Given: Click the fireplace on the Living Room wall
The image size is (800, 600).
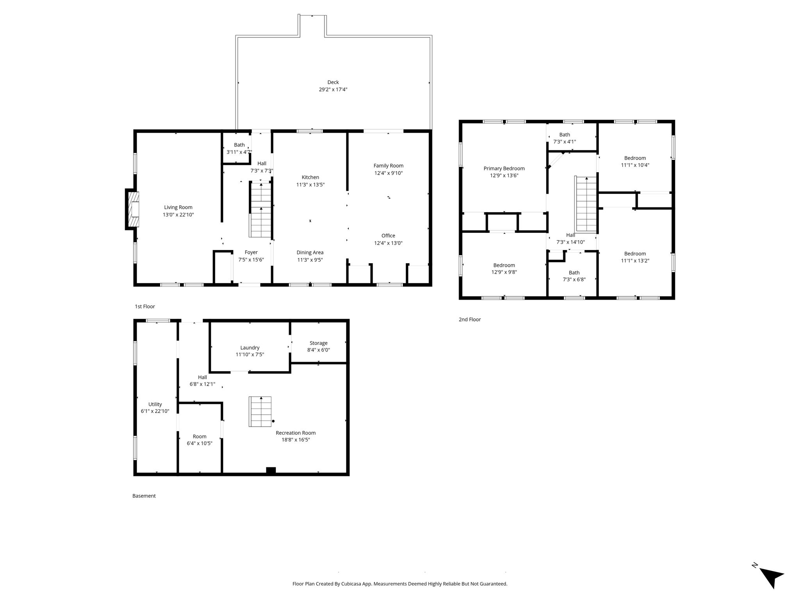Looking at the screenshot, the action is pyautogui.click(x=132, y=209).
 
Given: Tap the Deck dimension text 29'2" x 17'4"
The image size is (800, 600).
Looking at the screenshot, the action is pyautogui.click(x=333, y=89).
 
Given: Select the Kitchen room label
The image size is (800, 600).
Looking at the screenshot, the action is pyautogui.click(x=310, y=177).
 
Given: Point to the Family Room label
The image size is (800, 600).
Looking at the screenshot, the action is pyautogui.click(x=388, y=166).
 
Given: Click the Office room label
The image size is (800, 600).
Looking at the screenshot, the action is pyautogui.click(x=388, y=236).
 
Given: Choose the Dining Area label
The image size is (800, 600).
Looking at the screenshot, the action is pyautogui.click(x=310, y=252).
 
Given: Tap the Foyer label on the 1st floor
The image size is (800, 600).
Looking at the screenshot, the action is pyautogui.click(x=251, y=252).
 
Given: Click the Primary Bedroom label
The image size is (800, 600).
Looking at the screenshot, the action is pyautogui.click(x=504, y=168).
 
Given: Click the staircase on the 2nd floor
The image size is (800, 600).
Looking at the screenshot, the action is pyautogui.click(x=586, y=204).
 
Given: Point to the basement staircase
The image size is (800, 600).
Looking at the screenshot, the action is pyautogui.click(x=261, y=412).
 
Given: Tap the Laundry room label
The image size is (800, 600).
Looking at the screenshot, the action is pyautogui.click(x=250, y=348).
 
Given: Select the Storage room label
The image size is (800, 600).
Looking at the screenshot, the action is pyautogui.click(x=318, y=343).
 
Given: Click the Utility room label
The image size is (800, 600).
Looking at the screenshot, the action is pyautogui.click(x=155, y=404).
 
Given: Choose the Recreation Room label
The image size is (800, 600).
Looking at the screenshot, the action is pyautogui.click(x=296, y=433).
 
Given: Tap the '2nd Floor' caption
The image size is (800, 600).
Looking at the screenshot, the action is pyautogui.click(x=470, y=320).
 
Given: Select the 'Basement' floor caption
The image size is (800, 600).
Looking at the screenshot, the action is pyautogui.click(x=144, y=496).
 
